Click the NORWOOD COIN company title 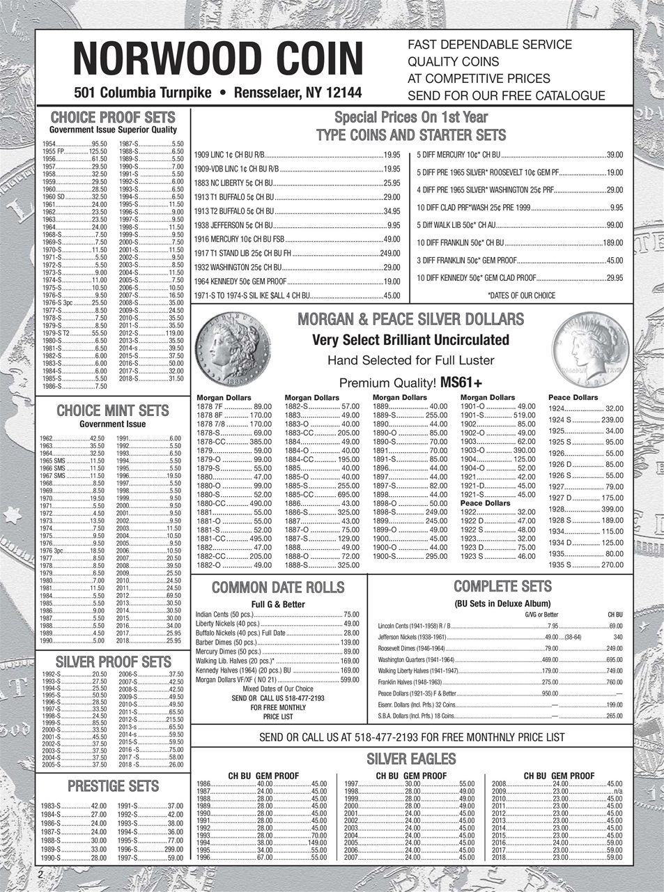(219, 59)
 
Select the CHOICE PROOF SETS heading (113, 117)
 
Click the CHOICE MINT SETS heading (112, 410)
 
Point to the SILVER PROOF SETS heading (113, 661)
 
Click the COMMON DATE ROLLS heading (277, 587)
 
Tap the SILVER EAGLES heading (411, 759)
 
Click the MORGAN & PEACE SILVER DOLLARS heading (411, 320)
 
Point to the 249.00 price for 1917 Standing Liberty (389, 252)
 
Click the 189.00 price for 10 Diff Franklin (612, 243)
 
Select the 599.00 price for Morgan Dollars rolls (349, 680)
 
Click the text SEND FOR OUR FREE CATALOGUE (506, 95)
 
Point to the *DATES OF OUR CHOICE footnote (521, 295)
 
